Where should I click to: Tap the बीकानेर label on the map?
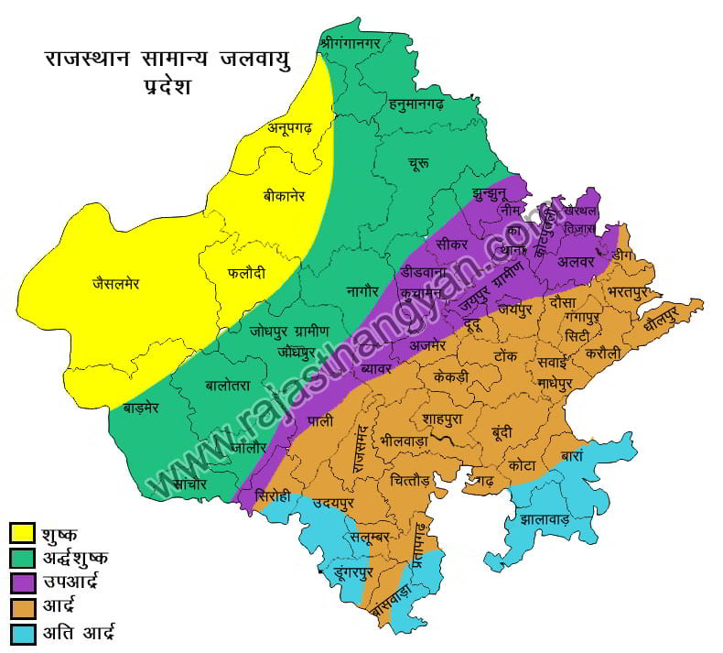[284, 196]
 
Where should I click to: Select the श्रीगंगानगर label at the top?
[354, 42]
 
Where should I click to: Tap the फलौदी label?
[246, 272]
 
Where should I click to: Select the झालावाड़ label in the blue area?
[545, 519]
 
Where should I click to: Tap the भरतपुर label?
[634, 292]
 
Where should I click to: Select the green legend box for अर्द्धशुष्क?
[22, 557]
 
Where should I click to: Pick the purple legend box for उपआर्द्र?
[22, 582]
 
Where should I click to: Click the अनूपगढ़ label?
[290, 128]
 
